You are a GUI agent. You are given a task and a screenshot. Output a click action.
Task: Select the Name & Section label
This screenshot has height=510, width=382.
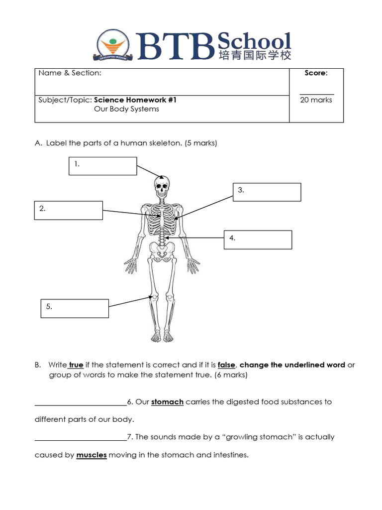click(70, 73)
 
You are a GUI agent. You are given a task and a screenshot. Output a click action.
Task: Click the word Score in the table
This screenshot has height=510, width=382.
click(316, 73)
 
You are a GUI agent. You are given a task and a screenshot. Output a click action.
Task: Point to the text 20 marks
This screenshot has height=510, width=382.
click(316, 100)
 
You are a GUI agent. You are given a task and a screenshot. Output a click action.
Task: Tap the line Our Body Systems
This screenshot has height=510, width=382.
click(126, 109)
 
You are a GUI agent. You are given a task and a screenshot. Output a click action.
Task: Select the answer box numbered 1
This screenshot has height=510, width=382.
click(102, 166)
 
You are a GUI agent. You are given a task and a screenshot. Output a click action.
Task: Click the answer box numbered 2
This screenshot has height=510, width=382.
click(69, 210)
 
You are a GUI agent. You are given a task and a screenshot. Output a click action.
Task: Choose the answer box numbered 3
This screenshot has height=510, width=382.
click(267, 192)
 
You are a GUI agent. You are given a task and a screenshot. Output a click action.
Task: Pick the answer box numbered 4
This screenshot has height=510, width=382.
click(258, 240)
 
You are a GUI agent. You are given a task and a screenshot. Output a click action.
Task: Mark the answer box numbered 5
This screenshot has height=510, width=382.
click(75, 308)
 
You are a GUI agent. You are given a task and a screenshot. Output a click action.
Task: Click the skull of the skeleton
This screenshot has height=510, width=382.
click(162, 187)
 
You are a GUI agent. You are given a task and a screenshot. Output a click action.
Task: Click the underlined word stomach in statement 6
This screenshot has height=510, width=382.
click(167, 402)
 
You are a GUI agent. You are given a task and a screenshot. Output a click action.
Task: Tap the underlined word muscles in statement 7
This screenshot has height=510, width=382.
click(92, 455)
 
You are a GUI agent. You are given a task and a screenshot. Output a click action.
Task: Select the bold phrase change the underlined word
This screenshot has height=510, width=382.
click(292, 365)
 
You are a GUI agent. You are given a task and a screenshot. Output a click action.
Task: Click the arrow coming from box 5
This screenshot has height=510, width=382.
click(130, 302)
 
